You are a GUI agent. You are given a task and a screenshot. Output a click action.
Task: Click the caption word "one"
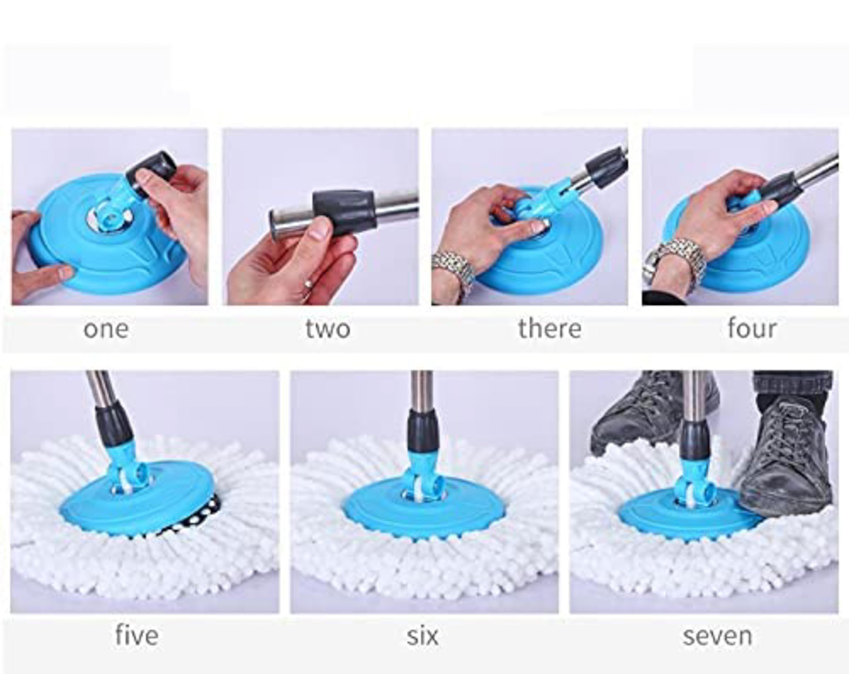click(106, 329)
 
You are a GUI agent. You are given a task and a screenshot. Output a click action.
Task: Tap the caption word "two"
click(328, 329)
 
